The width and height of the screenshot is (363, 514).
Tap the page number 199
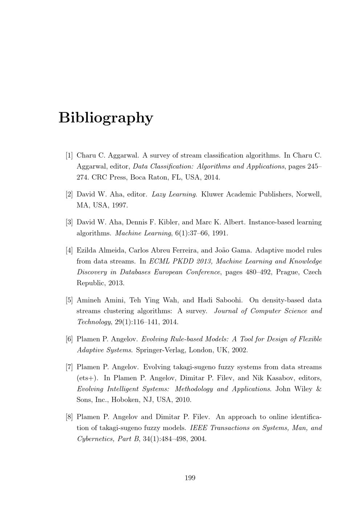[190, 478]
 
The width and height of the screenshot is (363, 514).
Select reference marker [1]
[69, 156]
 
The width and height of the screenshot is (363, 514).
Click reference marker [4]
[69, 250]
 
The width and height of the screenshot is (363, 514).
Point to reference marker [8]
[69, 417]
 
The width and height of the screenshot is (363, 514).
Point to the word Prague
[287, 272]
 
